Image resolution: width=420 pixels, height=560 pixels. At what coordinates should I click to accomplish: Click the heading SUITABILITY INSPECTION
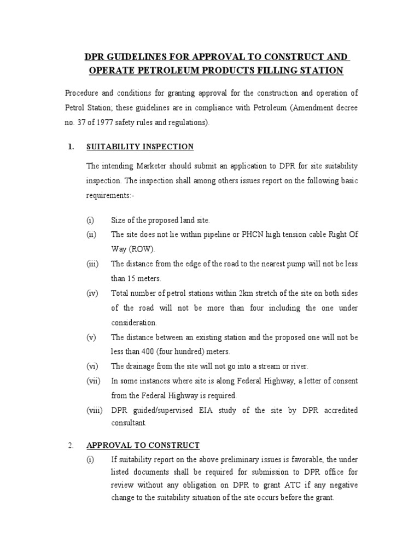pyautogui.click(x=139, y=147)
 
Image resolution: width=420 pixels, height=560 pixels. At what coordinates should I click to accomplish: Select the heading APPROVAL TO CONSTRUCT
pyautogui.click(x=143, y=445)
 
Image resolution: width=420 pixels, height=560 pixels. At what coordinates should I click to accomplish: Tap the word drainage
pyautogui.click(x=140, y=366)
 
